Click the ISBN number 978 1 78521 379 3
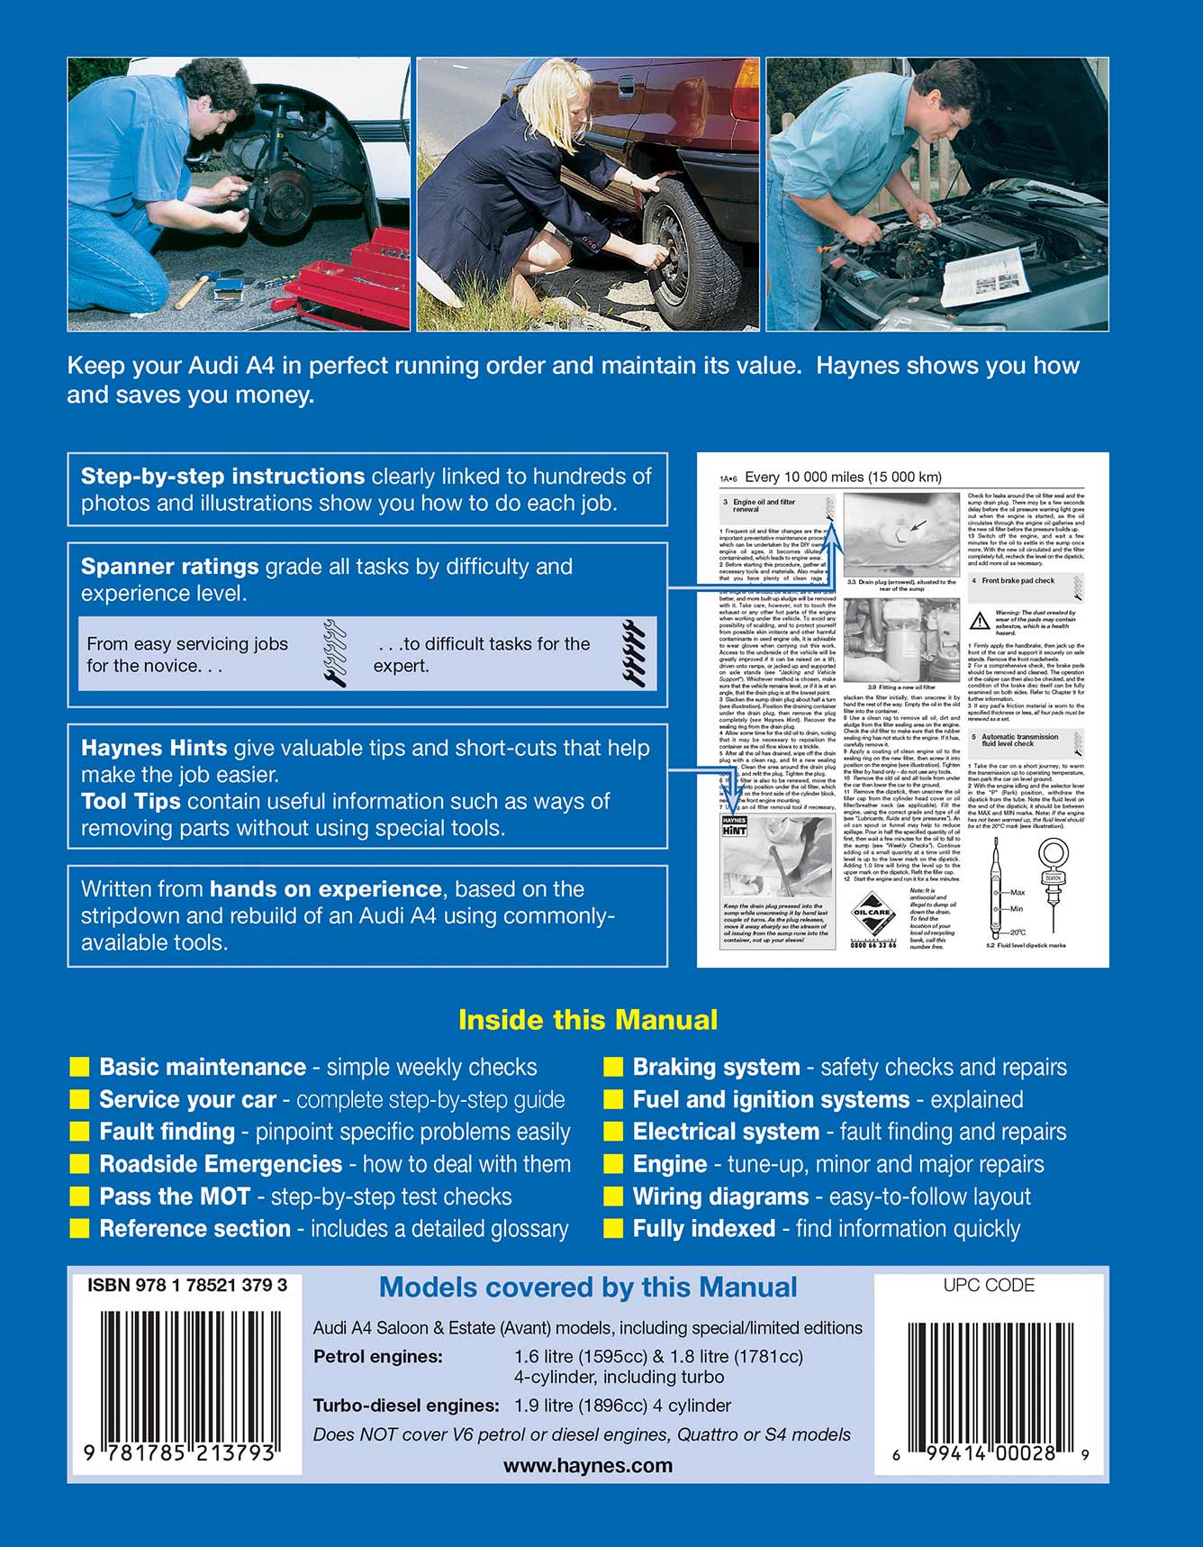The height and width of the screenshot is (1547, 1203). point(187,1286)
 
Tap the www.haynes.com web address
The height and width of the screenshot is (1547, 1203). point(588,1466)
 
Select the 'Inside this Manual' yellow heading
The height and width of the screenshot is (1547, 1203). point(588,1020)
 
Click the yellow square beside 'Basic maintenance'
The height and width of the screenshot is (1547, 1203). point(80,1068)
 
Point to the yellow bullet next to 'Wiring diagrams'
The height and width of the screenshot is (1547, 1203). point(614,1197)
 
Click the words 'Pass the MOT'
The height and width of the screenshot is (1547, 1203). point(175,1197)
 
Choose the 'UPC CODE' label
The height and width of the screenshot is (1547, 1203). point(989,1286)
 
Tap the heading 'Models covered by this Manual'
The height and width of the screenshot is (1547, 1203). point(588,1288)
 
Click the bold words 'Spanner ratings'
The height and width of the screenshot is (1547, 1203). point(170,567)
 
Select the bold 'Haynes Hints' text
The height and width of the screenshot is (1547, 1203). point(154,748)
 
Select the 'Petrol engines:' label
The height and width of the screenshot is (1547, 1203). point(378,1357)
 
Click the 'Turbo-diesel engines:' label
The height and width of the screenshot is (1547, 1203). point(406,1406)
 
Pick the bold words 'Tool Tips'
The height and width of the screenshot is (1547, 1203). point(131,802)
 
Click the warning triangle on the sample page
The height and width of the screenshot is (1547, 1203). point(980,621)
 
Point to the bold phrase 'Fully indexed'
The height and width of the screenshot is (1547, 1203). point(704,1229)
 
